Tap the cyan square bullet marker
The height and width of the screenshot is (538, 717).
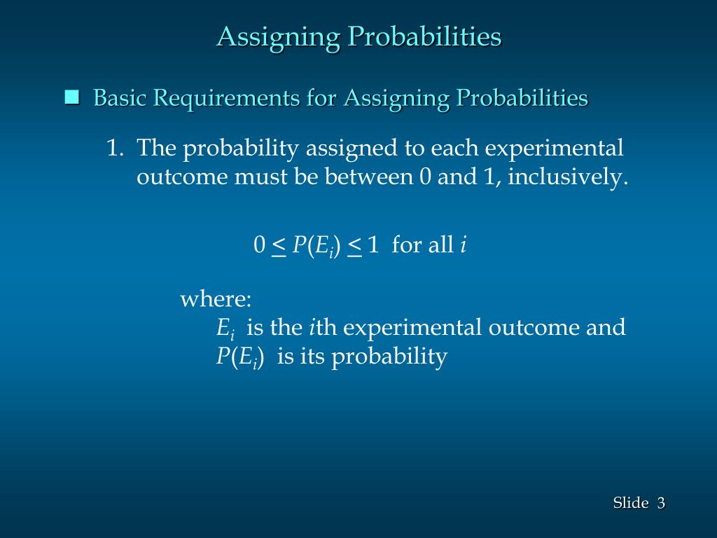[71, 97]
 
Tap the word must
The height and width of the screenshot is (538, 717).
[260, 177]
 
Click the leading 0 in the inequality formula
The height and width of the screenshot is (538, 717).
[259, 245]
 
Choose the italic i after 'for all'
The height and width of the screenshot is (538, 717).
[463, 245]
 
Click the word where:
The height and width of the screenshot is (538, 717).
[216, 300]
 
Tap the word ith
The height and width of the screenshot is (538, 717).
[323, 328]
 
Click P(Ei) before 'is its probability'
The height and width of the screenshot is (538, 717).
[239, 357]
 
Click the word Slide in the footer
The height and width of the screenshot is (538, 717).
[630, 503]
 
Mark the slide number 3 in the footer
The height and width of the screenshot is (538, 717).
[660, 503]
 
